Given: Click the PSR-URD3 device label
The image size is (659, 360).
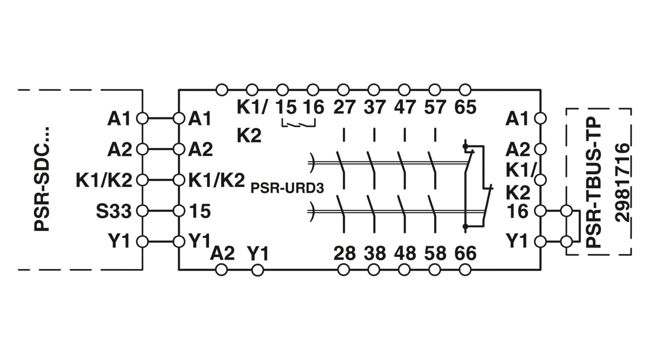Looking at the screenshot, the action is (x=287, y=188).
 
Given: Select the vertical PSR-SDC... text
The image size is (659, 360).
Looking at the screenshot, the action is (x=41, y=179).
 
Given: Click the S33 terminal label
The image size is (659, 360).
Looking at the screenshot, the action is (x=113, y=211).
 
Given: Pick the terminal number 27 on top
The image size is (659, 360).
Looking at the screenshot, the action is (x=344, y=107).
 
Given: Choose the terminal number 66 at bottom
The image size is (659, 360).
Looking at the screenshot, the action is (x=465, y=253).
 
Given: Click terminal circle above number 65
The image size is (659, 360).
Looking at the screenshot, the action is (x=465, y=90).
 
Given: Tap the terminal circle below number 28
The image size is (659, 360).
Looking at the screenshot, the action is (x=344, y=270).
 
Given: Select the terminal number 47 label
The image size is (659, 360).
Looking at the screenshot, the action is (x=405, y=107).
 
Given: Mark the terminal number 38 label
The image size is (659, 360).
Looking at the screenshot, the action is (x=375, y=253).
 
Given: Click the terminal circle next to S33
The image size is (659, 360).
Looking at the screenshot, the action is (x=142, y=211).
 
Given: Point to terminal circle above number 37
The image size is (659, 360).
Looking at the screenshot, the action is (x=374, y=90).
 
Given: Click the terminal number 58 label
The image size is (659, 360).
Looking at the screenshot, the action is (x=435, y=253).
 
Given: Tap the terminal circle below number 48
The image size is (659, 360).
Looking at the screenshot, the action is (x=404, y=270).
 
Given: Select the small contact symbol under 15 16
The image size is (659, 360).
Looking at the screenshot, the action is (x=299, y=123).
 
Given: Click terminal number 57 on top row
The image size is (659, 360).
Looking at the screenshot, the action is (x=435, y=107).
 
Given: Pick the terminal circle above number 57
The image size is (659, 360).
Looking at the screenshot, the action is (x=435, y=90).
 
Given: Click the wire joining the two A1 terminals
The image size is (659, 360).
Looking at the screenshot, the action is (x=160, y=119).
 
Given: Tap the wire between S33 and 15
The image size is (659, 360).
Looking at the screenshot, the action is (x=160, y=211).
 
